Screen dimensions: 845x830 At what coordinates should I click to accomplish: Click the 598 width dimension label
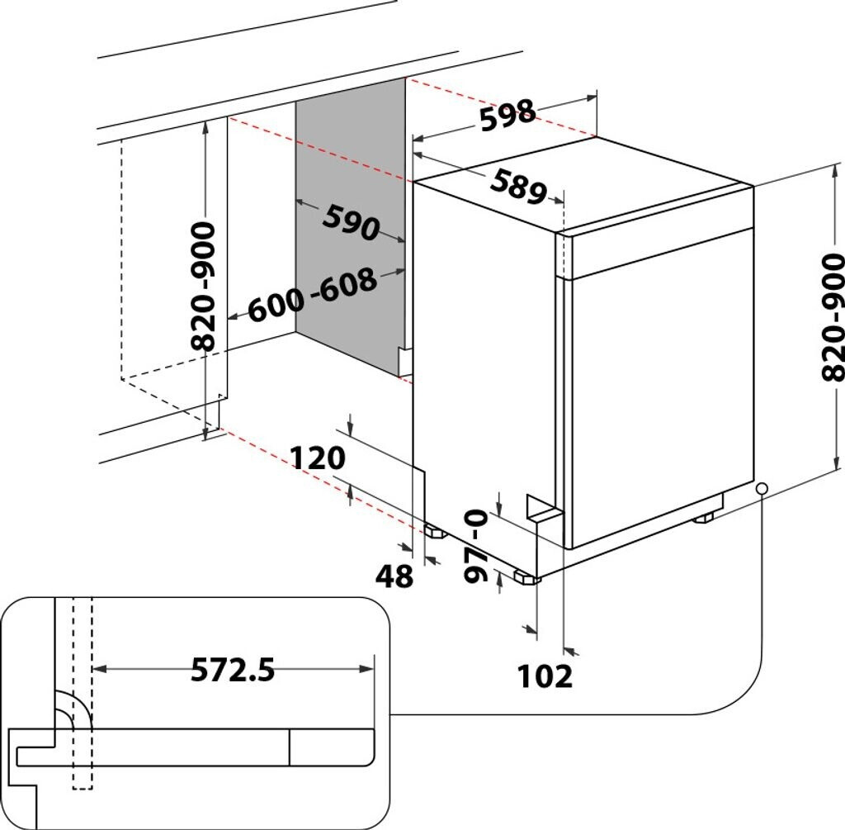(507, 116)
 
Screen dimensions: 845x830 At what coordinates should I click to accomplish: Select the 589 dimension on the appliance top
(517, 187)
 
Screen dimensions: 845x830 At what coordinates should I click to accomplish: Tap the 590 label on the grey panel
(350, 222)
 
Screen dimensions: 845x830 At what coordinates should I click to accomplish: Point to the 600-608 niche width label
(313, 296)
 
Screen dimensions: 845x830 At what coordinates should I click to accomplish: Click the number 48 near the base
(394, 576)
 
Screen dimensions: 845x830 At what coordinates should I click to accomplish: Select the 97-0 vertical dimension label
(477, 545)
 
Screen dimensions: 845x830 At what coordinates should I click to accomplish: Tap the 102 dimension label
(545, 676)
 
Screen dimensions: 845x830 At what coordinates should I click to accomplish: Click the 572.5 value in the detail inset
(233, 670)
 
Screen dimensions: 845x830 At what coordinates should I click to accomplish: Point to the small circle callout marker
(762, 489)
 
